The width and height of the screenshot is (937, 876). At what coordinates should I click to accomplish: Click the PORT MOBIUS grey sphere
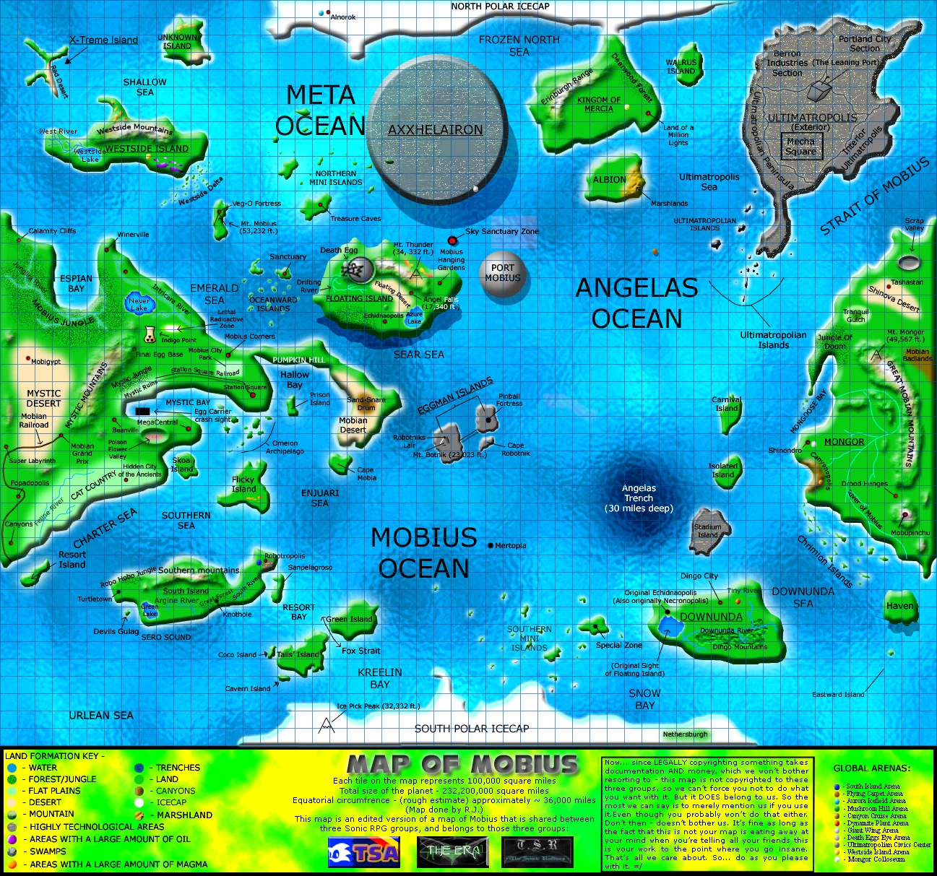(x=502, y=274)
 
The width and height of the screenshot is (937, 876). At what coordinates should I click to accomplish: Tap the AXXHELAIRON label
(x=435, y=130)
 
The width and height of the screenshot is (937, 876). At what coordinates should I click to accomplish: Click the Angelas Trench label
(x=639, y=498)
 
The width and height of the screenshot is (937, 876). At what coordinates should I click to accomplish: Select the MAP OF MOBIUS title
(x=462, y=764)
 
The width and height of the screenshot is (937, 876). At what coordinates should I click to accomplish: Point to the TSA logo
(x=363, y=852)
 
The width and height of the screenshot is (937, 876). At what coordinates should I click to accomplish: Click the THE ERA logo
(x=453, y=851)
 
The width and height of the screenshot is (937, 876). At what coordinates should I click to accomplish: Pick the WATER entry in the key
(x=43, y=768)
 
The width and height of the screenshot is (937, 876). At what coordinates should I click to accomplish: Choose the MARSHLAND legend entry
(x=184, y=815)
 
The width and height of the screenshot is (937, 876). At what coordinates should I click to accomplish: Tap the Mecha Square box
(x=800, y=147)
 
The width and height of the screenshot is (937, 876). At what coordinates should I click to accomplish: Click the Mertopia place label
(x=510, y=545)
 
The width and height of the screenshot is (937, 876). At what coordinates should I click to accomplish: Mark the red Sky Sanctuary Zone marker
(x=453, y=240)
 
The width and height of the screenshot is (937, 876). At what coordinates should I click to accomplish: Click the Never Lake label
(x=139, y=305)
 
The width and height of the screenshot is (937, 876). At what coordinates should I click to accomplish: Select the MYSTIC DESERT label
(x=43, y=398)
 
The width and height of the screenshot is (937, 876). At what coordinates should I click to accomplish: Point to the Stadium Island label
(x=708, y=531)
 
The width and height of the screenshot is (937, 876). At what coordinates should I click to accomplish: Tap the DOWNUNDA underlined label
(x=711, y=617)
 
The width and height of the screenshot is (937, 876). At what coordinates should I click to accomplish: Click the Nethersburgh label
(x=685, y=734)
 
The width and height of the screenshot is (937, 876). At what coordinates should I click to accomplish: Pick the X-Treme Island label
(x=103, y=40)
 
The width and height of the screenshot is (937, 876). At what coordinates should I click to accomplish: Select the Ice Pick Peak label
(x=378, y=706)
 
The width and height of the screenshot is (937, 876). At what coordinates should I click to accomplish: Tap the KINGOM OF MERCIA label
(x=598, y=105)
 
